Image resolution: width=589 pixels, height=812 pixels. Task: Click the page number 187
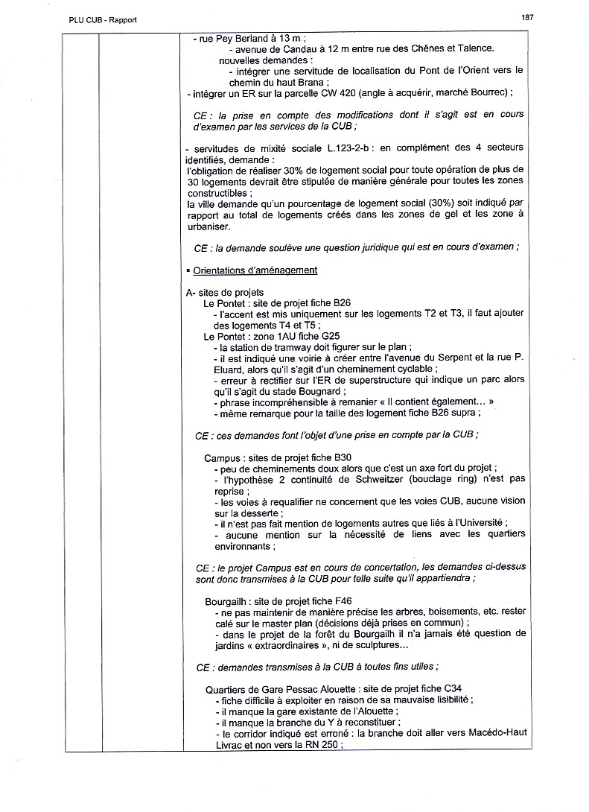click(528, 18)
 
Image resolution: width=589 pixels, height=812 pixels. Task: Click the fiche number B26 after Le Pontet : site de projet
click(342, 303)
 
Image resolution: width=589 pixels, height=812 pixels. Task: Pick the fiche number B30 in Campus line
click(343, 457)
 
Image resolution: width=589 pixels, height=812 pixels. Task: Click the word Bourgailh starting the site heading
click(228, 600)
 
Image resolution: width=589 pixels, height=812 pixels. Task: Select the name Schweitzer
click(353, 479)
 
